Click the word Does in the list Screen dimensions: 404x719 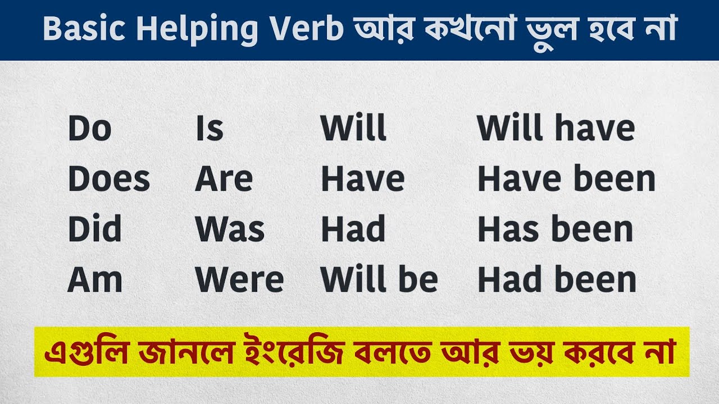109,180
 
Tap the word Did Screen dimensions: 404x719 94,229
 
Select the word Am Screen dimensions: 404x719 94,280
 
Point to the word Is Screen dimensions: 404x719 209,129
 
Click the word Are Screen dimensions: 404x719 224,180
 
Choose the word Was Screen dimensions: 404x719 230,229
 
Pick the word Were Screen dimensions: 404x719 239,280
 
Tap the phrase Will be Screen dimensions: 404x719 379,280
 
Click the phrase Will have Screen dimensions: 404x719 556,129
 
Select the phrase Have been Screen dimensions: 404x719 566,180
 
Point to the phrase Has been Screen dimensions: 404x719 555,229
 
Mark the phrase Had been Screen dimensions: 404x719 557,280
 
